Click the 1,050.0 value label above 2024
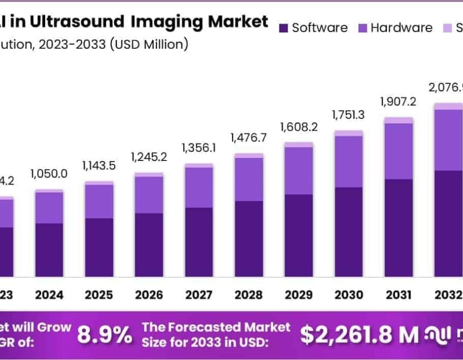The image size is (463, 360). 49,174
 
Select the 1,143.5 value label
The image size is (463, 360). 99,166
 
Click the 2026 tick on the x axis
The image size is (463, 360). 149,295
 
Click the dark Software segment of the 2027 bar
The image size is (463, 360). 199,242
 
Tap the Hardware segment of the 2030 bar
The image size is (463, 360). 348,161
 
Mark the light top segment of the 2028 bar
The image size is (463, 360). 248,155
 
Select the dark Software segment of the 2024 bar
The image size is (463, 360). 49,250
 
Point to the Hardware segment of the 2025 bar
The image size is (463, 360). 99,201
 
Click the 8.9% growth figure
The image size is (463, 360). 104,335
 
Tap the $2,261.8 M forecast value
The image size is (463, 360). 360,335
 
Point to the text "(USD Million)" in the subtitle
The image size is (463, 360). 149,44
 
